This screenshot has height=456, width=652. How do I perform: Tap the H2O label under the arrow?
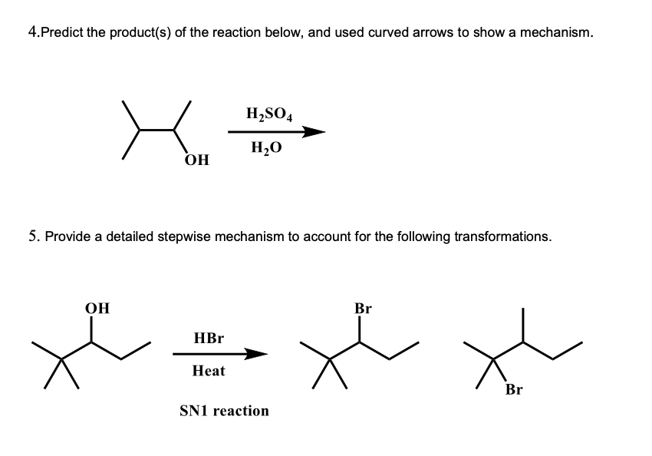[265, 149]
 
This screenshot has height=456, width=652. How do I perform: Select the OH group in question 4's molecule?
[197, 160]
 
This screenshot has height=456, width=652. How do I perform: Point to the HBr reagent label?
[209, 338]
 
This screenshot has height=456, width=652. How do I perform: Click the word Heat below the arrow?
[209, 371]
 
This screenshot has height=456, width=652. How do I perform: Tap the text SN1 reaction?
[224, 411]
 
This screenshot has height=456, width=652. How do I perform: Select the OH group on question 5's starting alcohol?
[97, 309]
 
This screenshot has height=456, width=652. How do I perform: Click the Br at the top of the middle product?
[364, 309]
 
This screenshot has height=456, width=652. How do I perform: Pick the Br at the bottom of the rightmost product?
[514, 390]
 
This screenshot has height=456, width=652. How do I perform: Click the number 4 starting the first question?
[31, 32]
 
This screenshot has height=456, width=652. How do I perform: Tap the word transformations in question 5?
[502, 236]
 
